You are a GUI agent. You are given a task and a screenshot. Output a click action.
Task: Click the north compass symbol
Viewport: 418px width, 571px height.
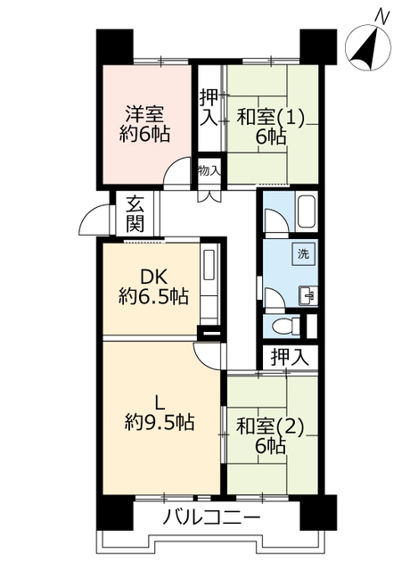[368, 44]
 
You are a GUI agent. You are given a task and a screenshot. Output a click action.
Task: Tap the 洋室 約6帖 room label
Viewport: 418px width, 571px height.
[144, 123]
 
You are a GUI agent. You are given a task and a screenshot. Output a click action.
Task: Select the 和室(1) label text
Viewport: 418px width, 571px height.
[270, 118]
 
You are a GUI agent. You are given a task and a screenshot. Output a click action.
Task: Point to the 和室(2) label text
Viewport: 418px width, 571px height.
[269, 426]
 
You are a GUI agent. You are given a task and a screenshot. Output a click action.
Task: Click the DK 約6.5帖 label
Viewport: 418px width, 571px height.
[153, 288]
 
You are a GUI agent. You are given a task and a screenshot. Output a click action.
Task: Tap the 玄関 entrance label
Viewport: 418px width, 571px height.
[135, 214]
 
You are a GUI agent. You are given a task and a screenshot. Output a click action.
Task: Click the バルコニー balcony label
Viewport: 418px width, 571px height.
[212, 517]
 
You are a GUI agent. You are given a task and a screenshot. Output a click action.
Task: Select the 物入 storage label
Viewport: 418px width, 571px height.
[209, 170]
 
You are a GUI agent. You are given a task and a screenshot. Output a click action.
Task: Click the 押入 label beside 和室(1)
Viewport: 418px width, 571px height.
[209, 108]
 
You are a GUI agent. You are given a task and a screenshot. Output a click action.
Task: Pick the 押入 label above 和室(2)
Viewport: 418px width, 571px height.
[290, 357]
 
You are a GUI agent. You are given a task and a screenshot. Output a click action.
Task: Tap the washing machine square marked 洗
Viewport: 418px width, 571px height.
[303, 254]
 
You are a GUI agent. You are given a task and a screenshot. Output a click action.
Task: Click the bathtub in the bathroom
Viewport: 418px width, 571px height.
[307, 212]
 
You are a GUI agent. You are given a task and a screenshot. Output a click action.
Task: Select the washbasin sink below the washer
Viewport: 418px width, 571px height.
[307, 295]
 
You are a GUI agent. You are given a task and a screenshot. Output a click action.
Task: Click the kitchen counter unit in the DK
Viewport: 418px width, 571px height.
[210, 284]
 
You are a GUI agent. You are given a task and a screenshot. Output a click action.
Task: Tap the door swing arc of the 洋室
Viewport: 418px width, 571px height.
[176, 170]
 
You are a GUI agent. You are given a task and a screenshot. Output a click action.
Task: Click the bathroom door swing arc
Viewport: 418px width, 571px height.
[276, 219]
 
